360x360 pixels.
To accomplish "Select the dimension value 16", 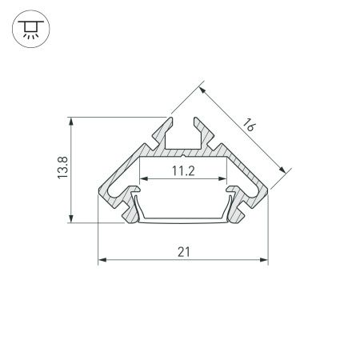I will coord(249,125).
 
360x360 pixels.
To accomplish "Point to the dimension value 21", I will coord(184,252).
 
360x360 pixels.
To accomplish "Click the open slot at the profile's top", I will coord(182,132).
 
